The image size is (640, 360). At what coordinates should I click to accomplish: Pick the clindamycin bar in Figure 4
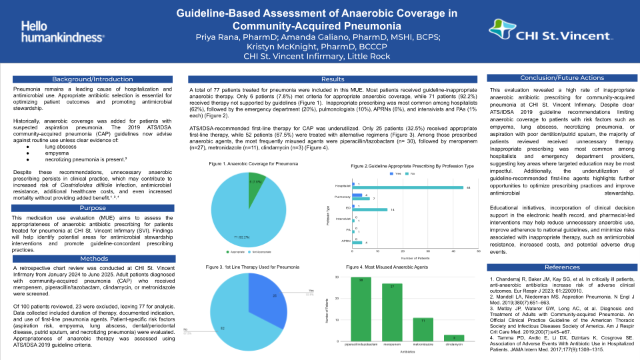click(x=453, y=339)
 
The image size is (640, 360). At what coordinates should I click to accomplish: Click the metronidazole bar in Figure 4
click(x=423, y=331)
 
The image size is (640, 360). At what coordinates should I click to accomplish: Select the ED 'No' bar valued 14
click(x=370, y=209)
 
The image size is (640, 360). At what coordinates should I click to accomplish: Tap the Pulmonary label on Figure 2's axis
click(x=343, y=198)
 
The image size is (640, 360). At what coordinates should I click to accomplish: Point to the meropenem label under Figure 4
click(x=392, y=345)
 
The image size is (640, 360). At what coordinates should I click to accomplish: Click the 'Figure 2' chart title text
click(x=406, y=165)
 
